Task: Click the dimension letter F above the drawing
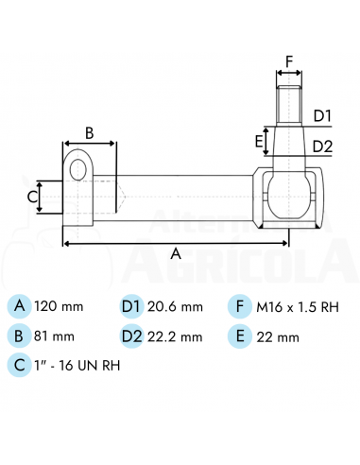click(x=289, y=61)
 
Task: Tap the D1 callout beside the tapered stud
click(x=322, y=116)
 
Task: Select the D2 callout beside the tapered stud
click(x=322, y=146)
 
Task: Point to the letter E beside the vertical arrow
click(x=259, y=142)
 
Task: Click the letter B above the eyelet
click(x=90, y=133)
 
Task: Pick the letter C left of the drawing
click(x=32, y=198)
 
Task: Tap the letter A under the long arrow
click(x=176, y=253)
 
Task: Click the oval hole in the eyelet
click(x=77, y=170)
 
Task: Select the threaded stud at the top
click(x=289, y=106)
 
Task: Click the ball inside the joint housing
click(x=289, y=196)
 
